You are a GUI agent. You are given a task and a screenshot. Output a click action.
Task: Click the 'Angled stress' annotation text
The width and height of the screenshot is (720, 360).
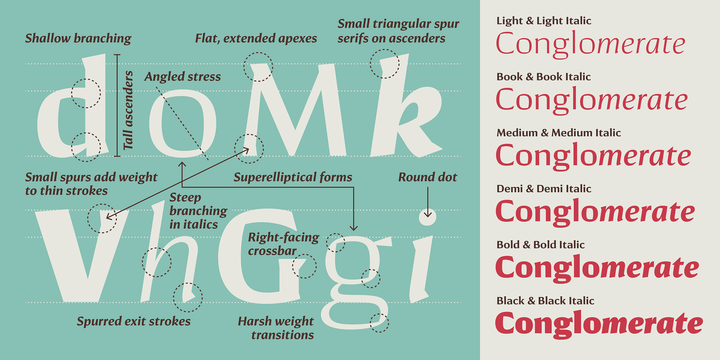tap(183, 76)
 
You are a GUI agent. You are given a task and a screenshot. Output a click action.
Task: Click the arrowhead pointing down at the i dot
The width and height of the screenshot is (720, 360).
tap(428, 214)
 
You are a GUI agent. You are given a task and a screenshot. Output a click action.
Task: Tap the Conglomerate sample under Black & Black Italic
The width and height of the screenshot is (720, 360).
tap(599, 324)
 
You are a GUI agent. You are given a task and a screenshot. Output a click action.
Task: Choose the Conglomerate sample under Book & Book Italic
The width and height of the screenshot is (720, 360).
tap(592, 99)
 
